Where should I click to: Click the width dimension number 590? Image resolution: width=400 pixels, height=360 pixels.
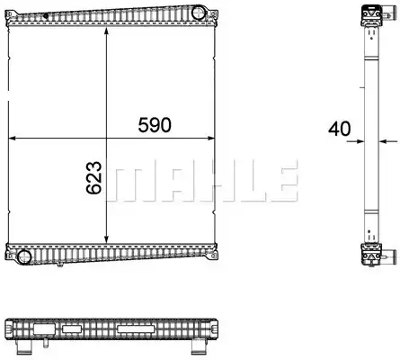(x=155, y=125)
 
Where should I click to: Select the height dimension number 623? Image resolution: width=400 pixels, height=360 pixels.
(x=93, y=177)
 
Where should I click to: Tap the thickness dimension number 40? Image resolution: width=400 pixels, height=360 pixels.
(x=339, y=129)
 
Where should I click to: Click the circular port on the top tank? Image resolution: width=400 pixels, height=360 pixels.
(x=198, y=13)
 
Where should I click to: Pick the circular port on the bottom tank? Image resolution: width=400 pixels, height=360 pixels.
(x=24, y=256)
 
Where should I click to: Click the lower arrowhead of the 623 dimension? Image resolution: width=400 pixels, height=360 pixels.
(x=106, y=238)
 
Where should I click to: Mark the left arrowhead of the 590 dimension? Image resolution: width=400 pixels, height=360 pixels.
(x=12, y=138)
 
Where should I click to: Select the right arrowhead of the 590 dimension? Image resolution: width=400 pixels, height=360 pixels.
(x=211, y=138)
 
